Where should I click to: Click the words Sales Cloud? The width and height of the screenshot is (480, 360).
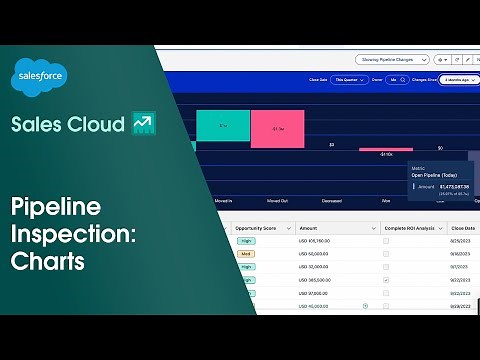pyautogui.click(x=66, y=124)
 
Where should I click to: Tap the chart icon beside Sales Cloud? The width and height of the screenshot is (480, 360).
pyautogui.click(x=141, y=124)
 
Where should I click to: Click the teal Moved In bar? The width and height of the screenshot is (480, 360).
pyautogui.click(x=223, y=125)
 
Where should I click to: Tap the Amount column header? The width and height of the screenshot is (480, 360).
pyautogui.click(x=309, y=228)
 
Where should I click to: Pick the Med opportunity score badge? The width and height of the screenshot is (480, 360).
pyautogui.click(x=245, y=254)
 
